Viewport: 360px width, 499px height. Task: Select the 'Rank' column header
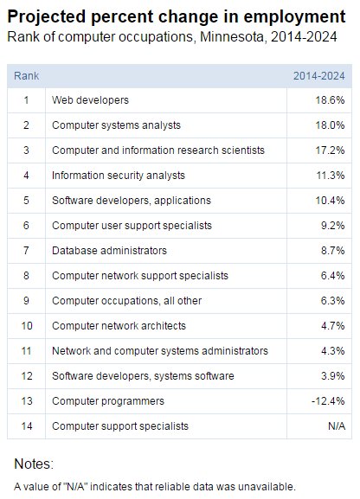[26, 76]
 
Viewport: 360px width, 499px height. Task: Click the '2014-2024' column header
[319, 76]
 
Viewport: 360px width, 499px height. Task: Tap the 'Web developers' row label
[90, 100]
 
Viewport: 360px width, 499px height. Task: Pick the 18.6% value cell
[331, 100]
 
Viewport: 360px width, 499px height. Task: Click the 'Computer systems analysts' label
[116, 125]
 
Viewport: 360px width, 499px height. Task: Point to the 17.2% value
[331, 150]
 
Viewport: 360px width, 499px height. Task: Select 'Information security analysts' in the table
[119, 176]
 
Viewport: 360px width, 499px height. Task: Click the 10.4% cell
[331, 201]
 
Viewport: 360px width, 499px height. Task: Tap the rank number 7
[26, 251]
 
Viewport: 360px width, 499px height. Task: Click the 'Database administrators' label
[109, 251]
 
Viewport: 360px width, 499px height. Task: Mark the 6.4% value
[333, 276]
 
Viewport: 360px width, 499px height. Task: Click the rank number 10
[26, 326]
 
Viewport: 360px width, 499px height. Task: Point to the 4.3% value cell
[333, 351]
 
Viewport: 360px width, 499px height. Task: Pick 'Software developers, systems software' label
[143, 376]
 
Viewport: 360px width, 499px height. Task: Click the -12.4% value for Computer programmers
[330, 401]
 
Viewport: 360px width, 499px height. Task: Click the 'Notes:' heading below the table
[34, 464]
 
